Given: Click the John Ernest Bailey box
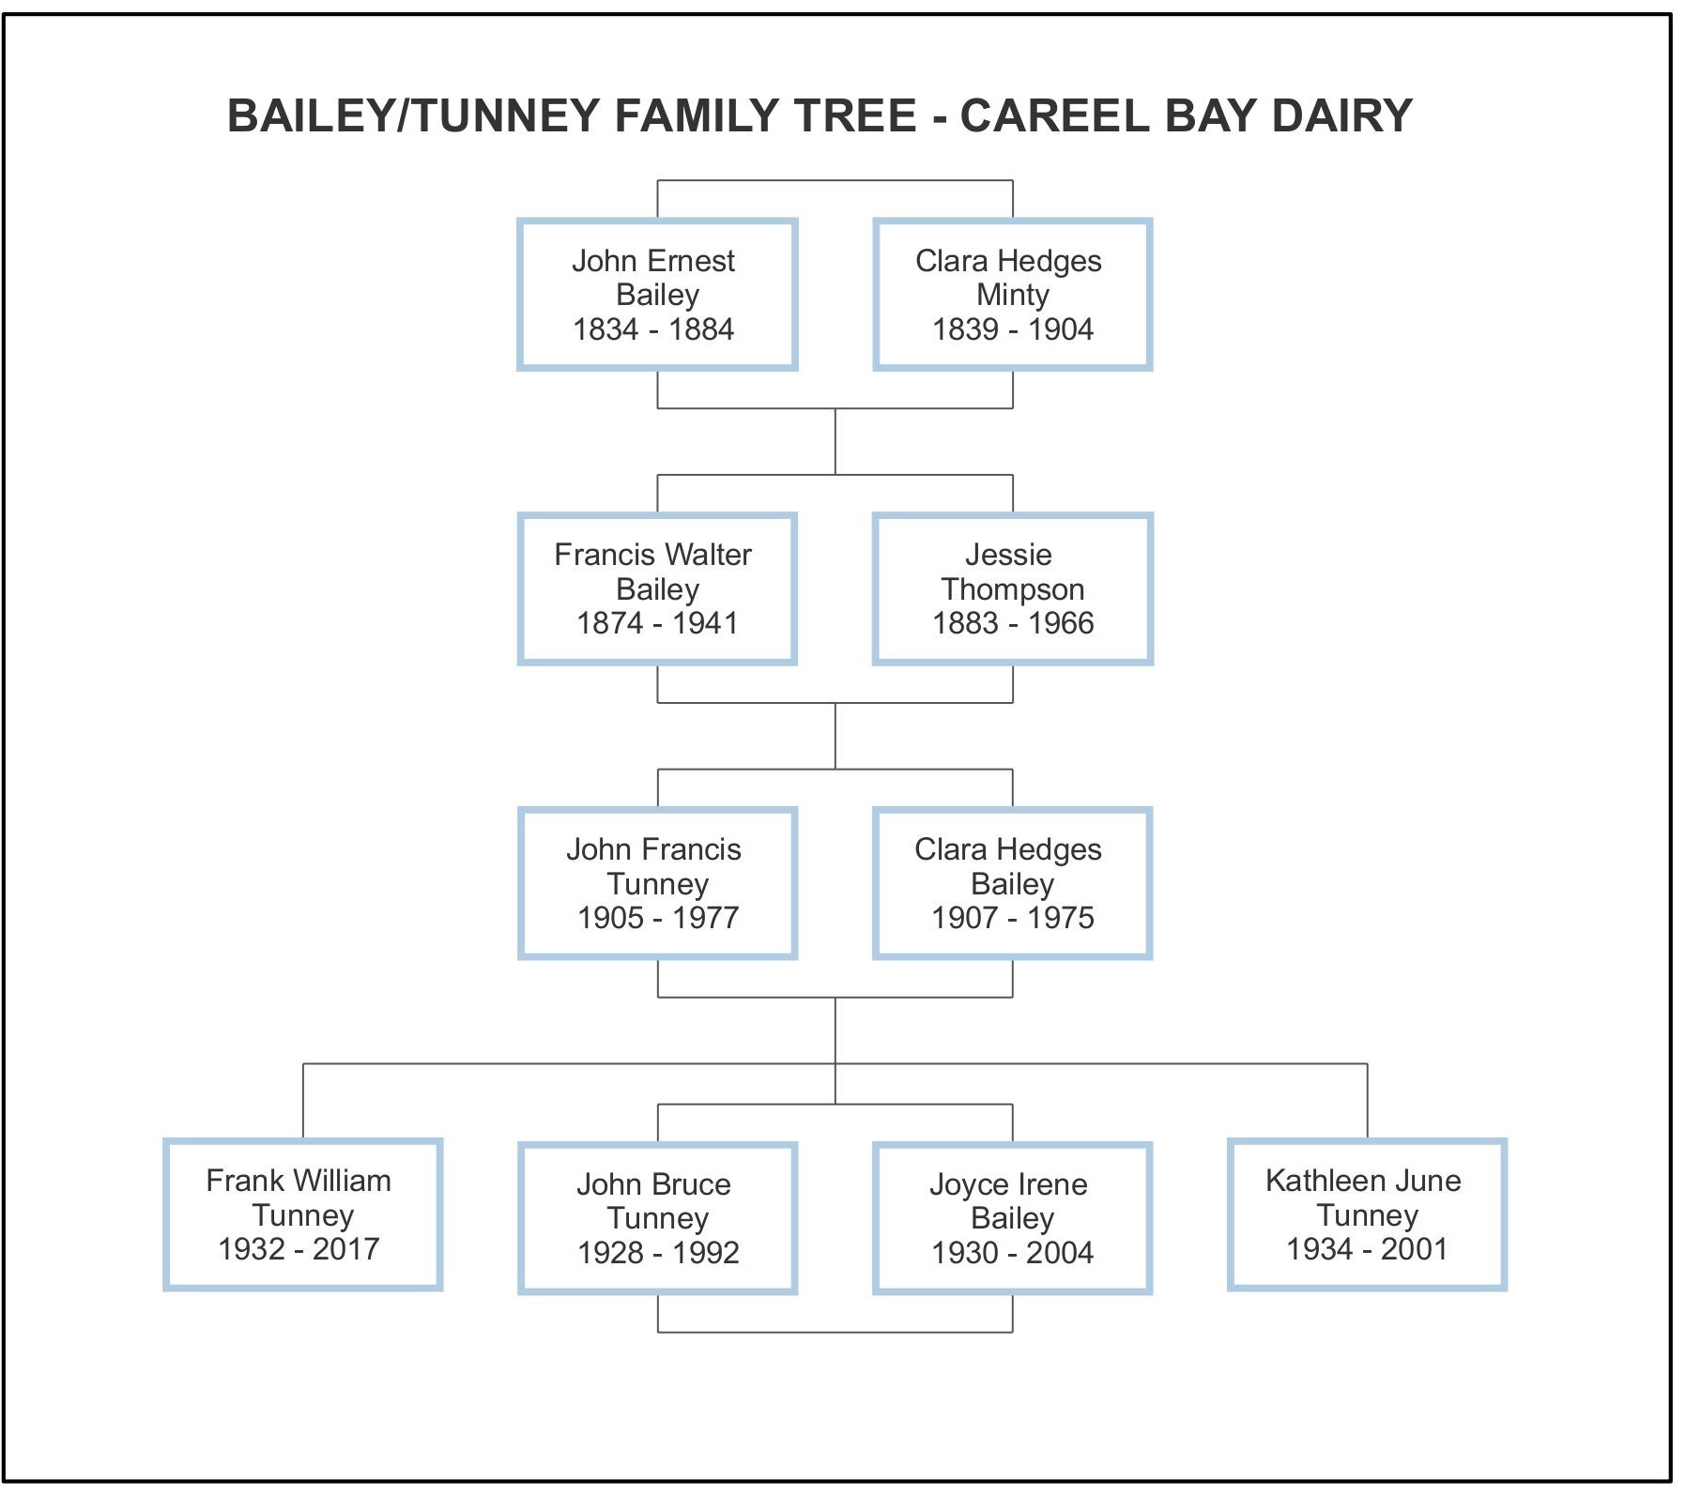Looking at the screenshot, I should (x=657, y=295).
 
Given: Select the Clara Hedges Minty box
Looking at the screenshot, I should (x=1012, y=295).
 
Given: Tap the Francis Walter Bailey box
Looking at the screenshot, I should (x=657, y=588).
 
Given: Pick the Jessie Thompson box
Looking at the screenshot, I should (x=1012, y=588).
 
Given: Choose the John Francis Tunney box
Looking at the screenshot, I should (x=657, y=883).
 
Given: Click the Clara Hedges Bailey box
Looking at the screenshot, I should (x=1012, y=883).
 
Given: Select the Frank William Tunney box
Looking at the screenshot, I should (x=302, y=1214).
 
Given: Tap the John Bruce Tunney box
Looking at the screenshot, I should (x=657, y=1218).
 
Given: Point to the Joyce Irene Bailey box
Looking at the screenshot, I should (x=1012, y=1218).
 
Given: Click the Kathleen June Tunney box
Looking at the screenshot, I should (x=1367, y=1214).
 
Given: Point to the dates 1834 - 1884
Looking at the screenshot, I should (x=653, y=329).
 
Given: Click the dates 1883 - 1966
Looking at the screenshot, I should (x=1013, y=623).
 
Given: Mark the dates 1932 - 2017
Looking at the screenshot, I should (x=299, y=1249).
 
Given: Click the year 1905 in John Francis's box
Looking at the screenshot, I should (x=610, y=918).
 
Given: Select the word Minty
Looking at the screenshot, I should (x=1012, y=295).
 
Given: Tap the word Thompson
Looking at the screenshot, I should (x=1012, y=589).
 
